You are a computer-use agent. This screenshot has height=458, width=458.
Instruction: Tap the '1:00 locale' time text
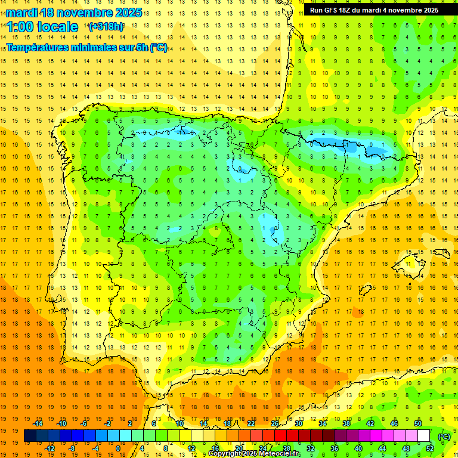[42, 27]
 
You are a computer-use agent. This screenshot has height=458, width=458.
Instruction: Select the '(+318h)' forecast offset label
[106, 27]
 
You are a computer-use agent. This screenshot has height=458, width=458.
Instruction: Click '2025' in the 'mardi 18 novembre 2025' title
[127, 13]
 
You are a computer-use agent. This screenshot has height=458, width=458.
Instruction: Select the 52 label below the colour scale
[429, 448]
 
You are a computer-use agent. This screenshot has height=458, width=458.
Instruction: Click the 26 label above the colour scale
[275, 423]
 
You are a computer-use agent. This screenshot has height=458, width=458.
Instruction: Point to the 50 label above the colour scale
[417, 423]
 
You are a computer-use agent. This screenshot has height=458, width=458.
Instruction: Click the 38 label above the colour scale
[346, 423]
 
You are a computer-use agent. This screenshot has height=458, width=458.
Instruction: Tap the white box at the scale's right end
[424, 436]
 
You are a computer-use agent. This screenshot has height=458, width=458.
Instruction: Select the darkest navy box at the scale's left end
[30, 436]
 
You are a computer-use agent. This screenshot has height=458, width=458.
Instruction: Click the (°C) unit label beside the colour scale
[444, 437]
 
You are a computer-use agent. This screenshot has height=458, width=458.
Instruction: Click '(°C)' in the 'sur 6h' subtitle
[159, 48]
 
